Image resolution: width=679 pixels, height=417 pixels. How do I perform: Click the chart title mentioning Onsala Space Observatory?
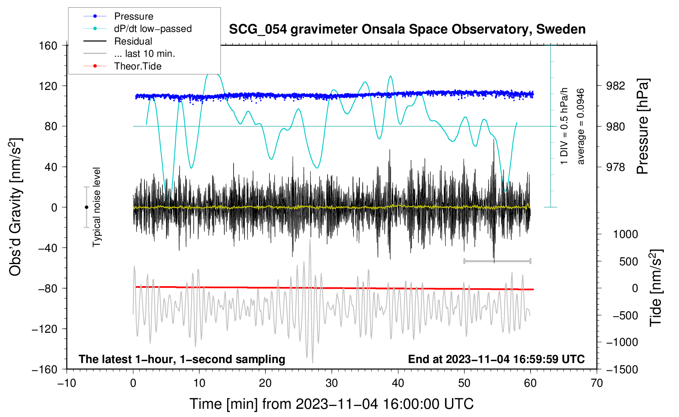[407, 29]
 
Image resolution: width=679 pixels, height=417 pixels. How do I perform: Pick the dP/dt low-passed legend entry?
[153, 29]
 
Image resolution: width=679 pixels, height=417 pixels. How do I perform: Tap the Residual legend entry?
[133, 41]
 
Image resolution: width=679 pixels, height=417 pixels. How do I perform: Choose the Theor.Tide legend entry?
[137, 66]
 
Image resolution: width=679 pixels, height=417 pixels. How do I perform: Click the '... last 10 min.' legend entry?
[144, 54]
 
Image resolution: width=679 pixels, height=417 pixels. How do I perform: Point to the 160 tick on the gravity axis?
[48, 45]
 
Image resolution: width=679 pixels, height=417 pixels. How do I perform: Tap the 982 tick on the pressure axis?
[616, 86]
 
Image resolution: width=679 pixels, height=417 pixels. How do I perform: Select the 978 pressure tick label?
[616, 167]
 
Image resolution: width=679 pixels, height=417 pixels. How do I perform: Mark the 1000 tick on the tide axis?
[625, 234]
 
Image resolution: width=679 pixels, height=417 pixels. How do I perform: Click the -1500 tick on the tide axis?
[622, 369]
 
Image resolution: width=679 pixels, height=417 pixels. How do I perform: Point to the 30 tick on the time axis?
[332, 383]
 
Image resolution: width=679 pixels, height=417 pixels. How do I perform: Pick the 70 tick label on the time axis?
[597, 383]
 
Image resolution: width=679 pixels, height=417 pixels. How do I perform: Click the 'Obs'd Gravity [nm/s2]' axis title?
[16, 207]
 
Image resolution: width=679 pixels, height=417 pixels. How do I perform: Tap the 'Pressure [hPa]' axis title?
[643, 127]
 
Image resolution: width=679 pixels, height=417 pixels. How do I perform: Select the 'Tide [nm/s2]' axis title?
[656, 288]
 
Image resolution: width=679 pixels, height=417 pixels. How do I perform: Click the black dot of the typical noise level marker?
[86, 207]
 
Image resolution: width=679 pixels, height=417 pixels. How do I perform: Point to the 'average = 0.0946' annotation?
[581, 126]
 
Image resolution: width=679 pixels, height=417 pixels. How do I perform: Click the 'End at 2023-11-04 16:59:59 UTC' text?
[496, 359]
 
